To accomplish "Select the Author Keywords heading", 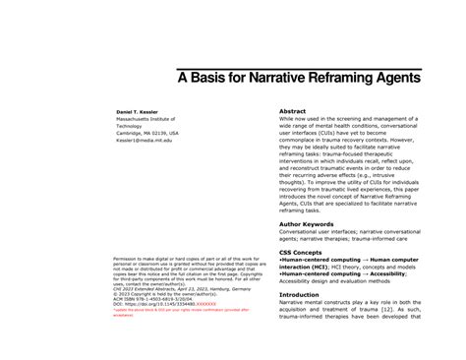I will pos(312,225).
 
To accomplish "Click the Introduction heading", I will pos(306,294).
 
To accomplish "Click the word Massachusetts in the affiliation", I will pos(129,121).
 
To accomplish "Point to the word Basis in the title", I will pos(216,75).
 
